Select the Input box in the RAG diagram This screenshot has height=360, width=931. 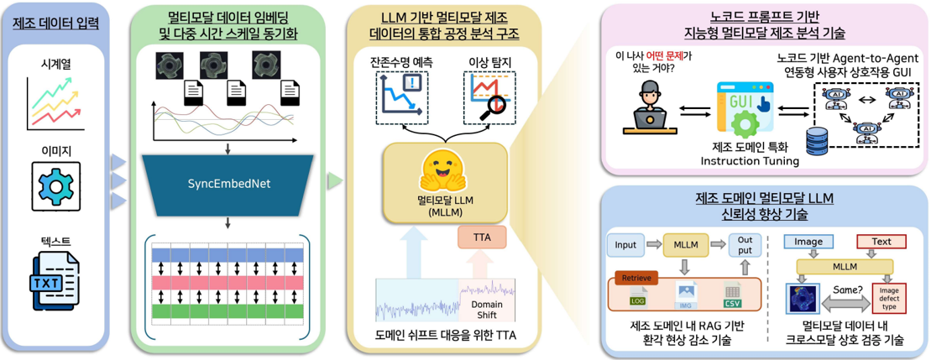click(x=625, y=245)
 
